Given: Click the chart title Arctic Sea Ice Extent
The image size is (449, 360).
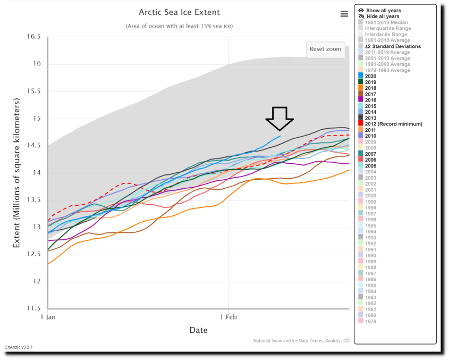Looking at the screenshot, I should click(179, 12).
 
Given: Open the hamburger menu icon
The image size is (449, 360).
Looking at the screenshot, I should click(344, 14).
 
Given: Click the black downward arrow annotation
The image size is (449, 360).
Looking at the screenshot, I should click(279, 119).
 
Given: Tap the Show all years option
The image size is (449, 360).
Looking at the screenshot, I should click(383, 11).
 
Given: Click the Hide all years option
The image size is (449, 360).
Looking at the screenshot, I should click(383, 16).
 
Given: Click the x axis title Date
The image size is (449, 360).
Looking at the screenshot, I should click(198, 330).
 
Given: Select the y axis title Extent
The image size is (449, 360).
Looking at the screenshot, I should click(17, 173).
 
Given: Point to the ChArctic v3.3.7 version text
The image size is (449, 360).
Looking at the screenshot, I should click(19, 347).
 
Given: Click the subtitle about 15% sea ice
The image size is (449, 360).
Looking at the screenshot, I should click(179, 26).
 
